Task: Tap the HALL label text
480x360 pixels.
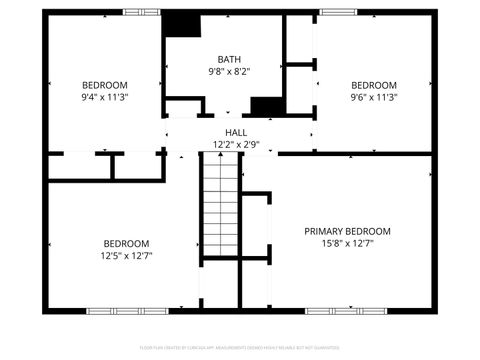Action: [236, 132]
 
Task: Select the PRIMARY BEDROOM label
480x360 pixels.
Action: [347, 231]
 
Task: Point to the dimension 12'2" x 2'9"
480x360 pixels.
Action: [236, 144]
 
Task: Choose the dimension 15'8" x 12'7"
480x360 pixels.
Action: [347, 243]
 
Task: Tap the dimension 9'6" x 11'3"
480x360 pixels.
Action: [373, 97]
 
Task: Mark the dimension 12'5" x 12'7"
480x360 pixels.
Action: [126, 255]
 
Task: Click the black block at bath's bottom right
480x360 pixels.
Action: [267, 106]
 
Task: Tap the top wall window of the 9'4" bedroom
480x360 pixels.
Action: [140, 12]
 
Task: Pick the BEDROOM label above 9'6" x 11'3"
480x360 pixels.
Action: [373, 85]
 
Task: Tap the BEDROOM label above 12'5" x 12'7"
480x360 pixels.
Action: [126, 243]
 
